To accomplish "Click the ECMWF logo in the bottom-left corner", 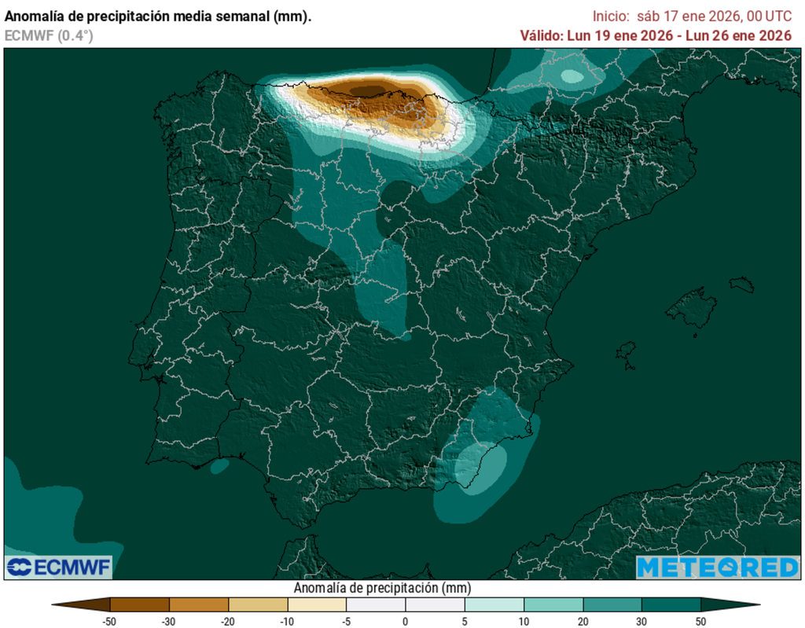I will (x=59, y=567).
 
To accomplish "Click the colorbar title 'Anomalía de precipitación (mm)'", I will (x=382, y=588).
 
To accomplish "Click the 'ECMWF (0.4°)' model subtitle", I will (x=49, y=35).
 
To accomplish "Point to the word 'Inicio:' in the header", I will (x=612, y=16).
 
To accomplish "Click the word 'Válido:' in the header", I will (x=540, y=35).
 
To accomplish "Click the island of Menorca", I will (x=741, y=284).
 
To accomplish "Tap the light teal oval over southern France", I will (x=572, y=76).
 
